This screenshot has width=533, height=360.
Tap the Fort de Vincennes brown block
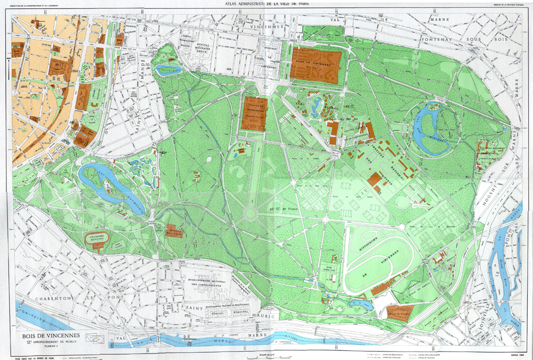316,65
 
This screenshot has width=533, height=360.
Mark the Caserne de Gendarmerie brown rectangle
254,113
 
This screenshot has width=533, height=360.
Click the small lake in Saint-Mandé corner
168,69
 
